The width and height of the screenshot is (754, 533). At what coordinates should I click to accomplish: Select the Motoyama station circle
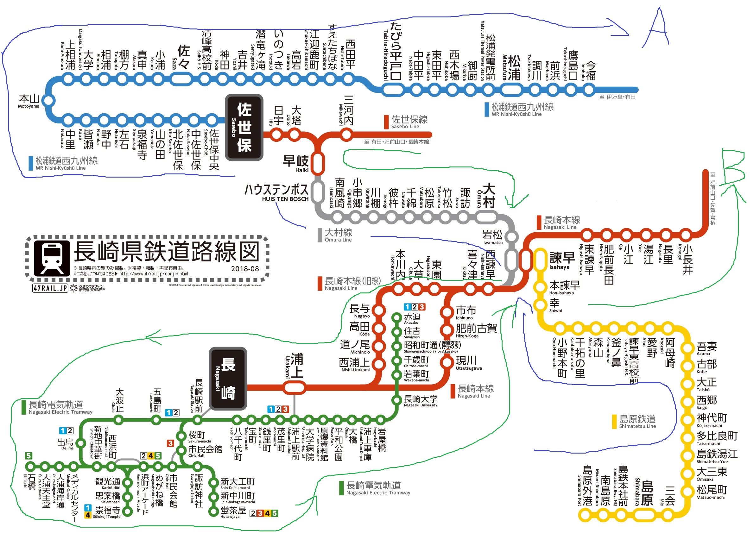48,100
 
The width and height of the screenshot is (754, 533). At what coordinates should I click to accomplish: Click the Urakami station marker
294,388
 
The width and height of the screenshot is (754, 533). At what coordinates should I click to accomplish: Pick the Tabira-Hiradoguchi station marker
393,89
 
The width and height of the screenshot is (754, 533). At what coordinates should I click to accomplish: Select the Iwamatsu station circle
511,236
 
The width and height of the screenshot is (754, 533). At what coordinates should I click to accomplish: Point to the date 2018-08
245,269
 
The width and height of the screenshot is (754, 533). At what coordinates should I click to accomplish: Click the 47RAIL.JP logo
50,288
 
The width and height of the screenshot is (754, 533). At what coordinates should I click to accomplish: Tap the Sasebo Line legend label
409,122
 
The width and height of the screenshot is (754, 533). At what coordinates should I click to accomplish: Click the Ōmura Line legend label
338,235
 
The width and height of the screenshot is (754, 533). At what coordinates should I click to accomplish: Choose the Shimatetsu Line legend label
637,421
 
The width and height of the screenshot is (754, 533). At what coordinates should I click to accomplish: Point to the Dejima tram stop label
66,443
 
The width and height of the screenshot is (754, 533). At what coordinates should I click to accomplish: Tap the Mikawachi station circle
346,134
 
